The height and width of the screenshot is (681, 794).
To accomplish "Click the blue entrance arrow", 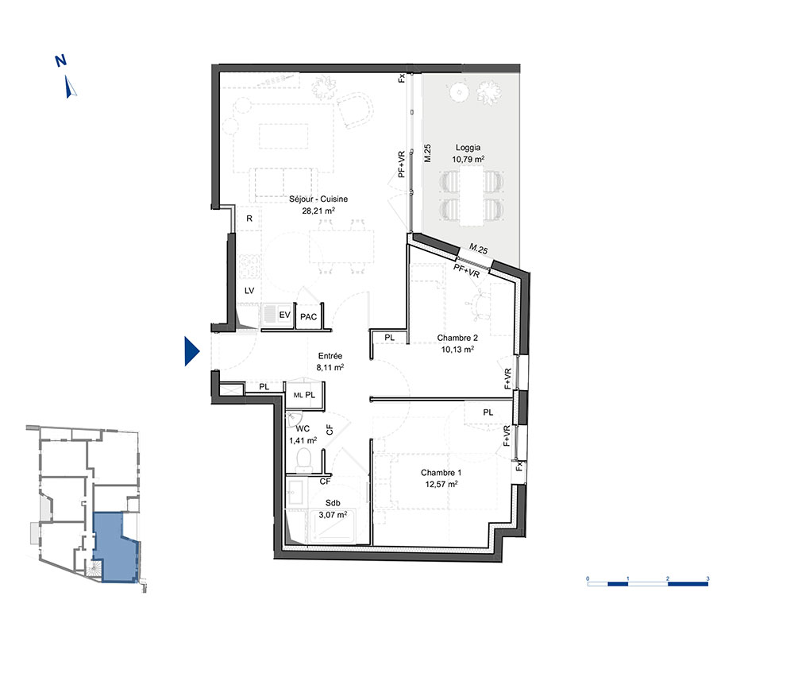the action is coord(191,350).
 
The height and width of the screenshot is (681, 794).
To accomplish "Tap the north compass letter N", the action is coord(61,61).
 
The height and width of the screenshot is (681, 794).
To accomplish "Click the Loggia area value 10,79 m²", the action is coord(468,159).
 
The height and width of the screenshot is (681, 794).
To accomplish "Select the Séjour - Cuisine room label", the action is coord(318,199).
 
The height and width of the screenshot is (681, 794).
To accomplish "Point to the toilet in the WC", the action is coord(305,459).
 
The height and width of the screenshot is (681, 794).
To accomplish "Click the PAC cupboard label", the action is coord(308,317).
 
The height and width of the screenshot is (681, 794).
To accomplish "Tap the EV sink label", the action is coord(284,315).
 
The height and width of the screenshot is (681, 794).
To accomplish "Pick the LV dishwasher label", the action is coord(249,290).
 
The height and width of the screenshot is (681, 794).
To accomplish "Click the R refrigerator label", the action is coord(249,219).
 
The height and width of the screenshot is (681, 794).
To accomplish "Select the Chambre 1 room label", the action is coord(441,473).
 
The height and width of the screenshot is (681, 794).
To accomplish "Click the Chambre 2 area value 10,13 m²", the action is coord(458,349).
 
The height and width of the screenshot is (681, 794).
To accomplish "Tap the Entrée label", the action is coord(330,356).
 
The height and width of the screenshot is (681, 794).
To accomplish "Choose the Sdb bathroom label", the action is coord(333,503).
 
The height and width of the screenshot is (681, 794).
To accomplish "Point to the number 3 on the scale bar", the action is coord(708,578).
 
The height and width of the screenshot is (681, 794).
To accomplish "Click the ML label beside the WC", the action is coord(299,395).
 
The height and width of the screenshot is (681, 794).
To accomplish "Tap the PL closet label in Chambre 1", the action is coord(488,412).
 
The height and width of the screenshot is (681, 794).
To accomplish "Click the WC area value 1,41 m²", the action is coord(303,440).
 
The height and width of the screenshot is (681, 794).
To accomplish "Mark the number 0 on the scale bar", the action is coord(588,578).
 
